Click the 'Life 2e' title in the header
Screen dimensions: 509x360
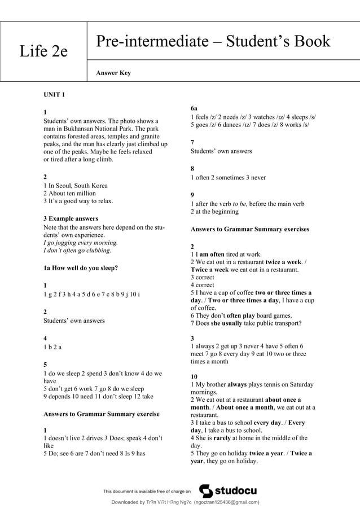click(x=43, y=51)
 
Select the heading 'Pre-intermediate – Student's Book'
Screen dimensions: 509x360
click(x=213, y=41)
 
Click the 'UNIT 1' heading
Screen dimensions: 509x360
click(x=54, y=94)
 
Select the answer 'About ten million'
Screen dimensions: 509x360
click(x=69, y=194)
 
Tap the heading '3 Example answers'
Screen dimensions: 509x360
click(x=71, y=218)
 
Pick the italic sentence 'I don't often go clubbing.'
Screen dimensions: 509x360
click(x=77, y=250)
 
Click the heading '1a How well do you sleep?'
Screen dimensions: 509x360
click(x=81, y=268)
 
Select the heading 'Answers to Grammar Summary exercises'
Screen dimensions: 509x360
click(x=250, y=229)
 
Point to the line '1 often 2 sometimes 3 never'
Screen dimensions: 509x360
click(x=228, y=178)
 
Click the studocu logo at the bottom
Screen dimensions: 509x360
click(x=229, y=490)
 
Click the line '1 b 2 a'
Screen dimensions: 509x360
click(x=52, y=347)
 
